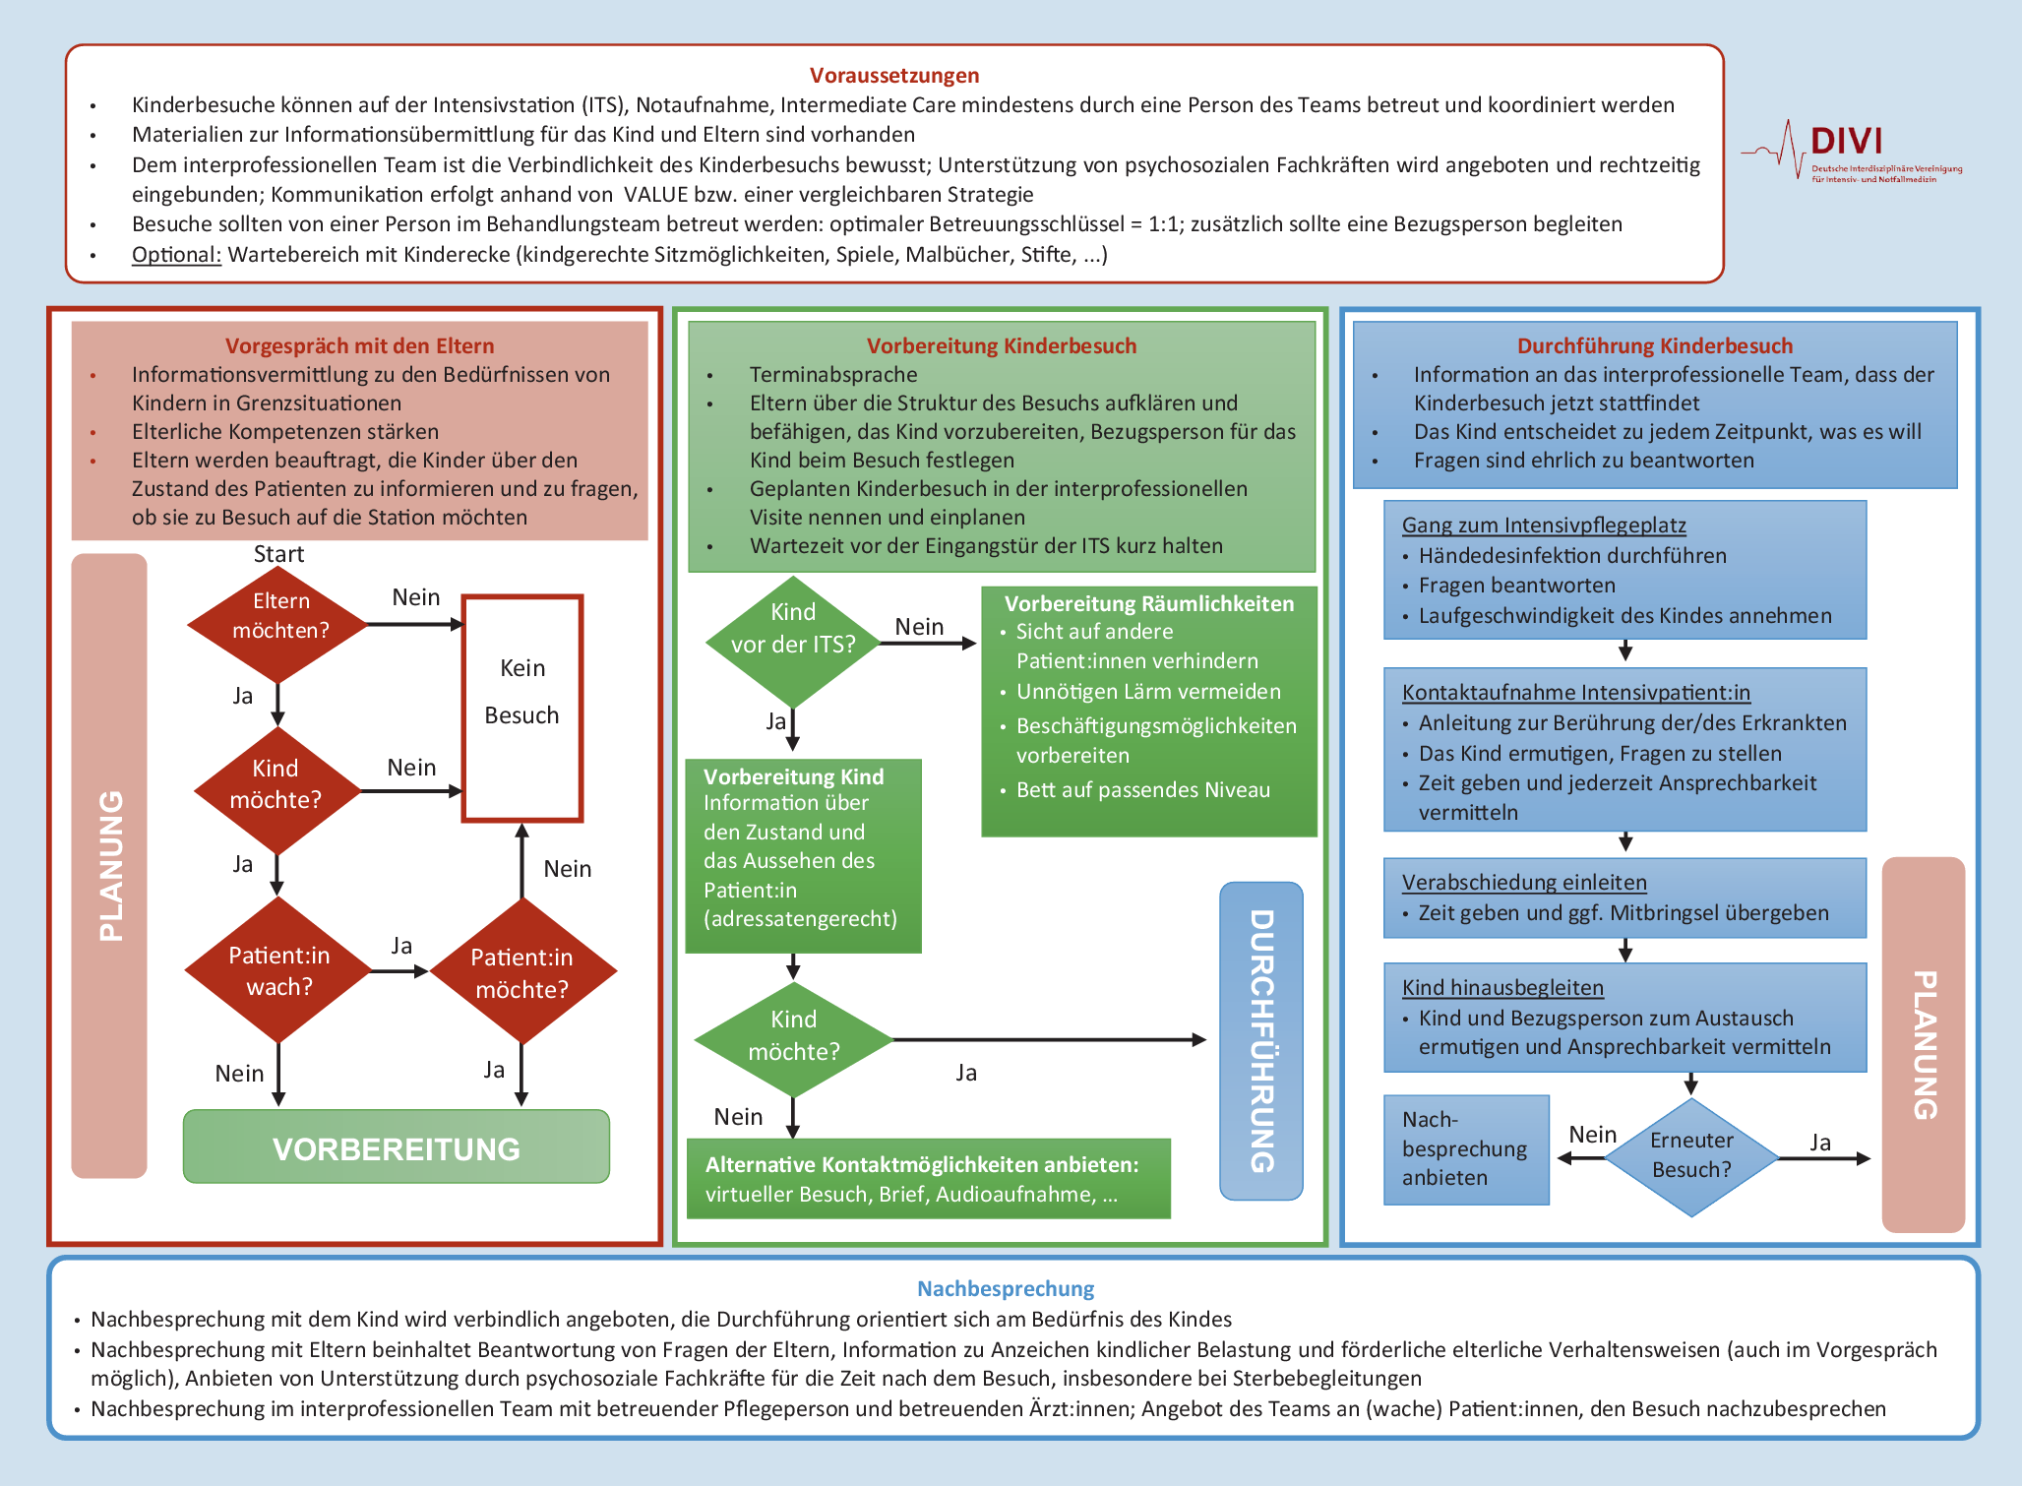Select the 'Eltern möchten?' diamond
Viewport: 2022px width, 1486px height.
click(279, 617)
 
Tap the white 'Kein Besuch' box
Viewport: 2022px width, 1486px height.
click(522, 707)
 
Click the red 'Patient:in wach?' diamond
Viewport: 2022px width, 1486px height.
click(278, 970)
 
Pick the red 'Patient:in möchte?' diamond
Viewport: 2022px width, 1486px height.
click(521, 972)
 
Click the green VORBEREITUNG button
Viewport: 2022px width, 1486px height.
click(396, 1147)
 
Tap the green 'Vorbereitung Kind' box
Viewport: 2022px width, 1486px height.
click(803, 855)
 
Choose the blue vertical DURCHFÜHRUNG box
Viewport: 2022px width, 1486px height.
click(1261, 1040)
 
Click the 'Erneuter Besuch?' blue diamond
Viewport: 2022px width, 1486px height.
click(1691, 1156)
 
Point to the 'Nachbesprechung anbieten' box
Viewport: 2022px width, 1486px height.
click(1466, 1149)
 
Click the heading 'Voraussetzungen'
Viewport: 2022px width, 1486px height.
click(893, 76)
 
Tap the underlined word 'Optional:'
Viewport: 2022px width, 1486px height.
click(176, 255)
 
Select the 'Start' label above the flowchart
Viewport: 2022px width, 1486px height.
click(278, 554)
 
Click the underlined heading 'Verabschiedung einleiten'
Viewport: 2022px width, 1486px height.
click(1523, 883)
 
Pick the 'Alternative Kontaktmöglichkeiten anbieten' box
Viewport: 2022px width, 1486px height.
click(928, 1178)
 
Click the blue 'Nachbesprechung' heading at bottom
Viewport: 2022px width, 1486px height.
click(1005, 1288)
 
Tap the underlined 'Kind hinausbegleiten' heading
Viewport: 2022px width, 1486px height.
click(1502, 988)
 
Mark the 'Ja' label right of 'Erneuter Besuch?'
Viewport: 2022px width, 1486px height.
click(1820, 1143)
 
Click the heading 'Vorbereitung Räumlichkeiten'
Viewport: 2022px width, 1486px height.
click(1148, 604)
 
